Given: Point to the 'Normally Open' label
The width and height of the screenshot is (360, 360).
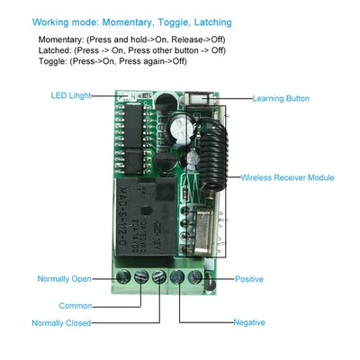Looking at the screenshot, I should (66, 279).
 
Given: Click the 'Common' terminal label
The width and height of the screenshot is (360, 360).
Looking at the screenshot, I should (75, 306).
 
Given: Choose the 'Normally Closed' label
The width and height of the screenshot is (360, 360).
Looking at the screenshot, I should (61, 322).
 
